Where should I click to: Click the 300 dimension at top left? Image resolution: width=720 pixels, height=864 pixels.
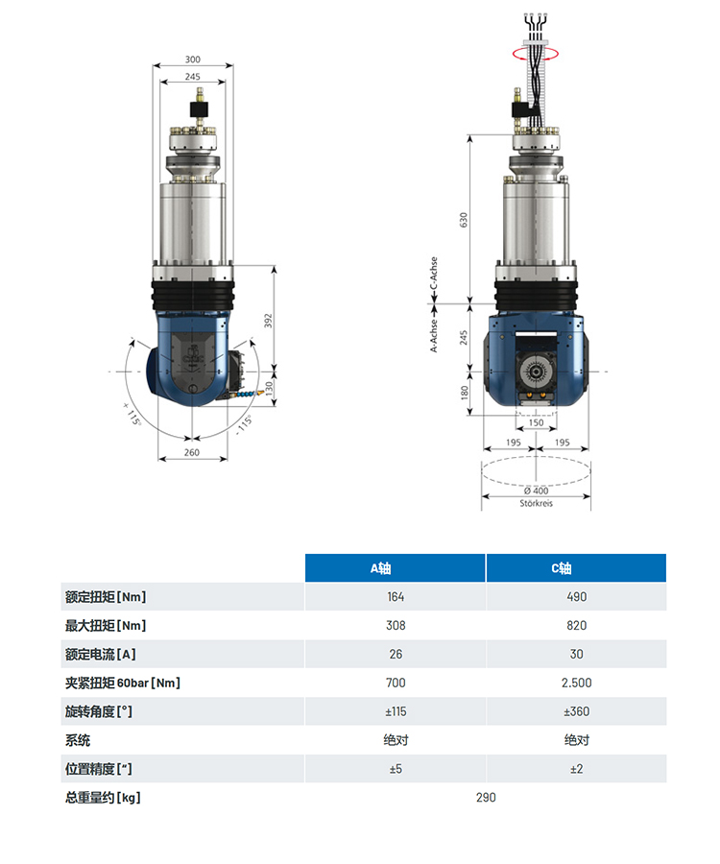pos(193,60)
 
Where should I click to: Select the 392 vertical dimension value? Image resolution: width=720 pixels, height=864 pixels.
pos(268,321)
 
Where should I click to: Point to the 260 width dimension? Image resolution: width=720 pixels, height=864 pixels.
pos(192,452)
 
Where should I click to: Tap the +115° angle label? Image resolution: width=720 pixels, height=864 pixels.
pos(132,413)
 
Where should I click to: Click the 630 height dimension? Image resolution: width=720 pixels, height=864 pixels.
pos(464,220)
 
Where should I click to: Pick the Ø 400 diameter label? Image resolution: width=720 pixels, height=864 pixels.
pos(536,491)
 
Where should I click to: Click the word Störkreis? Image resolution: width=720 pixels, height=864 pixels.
pos(536,503)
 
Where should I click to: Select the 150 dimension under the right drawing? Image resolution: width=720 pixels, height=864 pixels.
pos(536,422)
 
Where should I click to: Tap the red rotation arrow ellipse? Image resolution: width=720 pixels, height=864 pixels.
pos(536,54)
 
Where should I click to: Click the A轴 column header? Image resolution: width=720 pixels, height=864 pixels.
pos(381,568)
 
